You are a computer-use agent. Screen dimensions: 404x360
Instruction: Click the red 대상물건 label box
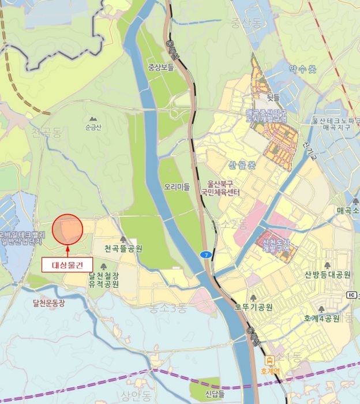(x=67, y=265)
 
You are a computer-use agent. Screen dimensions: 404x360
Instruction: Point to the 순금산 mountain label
(x=93, y=127)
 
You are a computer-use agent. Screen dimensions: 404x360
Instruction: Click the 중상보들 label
(x=161, y=67)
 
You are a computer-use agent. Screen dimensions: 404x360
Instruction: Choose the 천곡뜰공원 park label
(x=123, y=249)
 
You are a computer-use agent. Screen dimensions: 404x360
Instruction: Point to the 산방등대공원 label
(x=328, y=275)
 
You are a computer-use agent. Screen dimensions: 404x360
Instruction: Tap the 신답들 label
(x=214, y=394)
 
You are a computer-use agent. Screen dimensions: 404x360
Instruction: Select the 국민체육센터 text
(x=220, y=191)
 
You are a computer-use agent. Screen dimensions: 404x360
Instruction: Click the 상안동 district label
(x=135, y=395)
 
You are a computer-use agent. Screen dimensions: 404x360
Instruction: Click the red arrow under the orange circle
(x=67, y=250)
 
